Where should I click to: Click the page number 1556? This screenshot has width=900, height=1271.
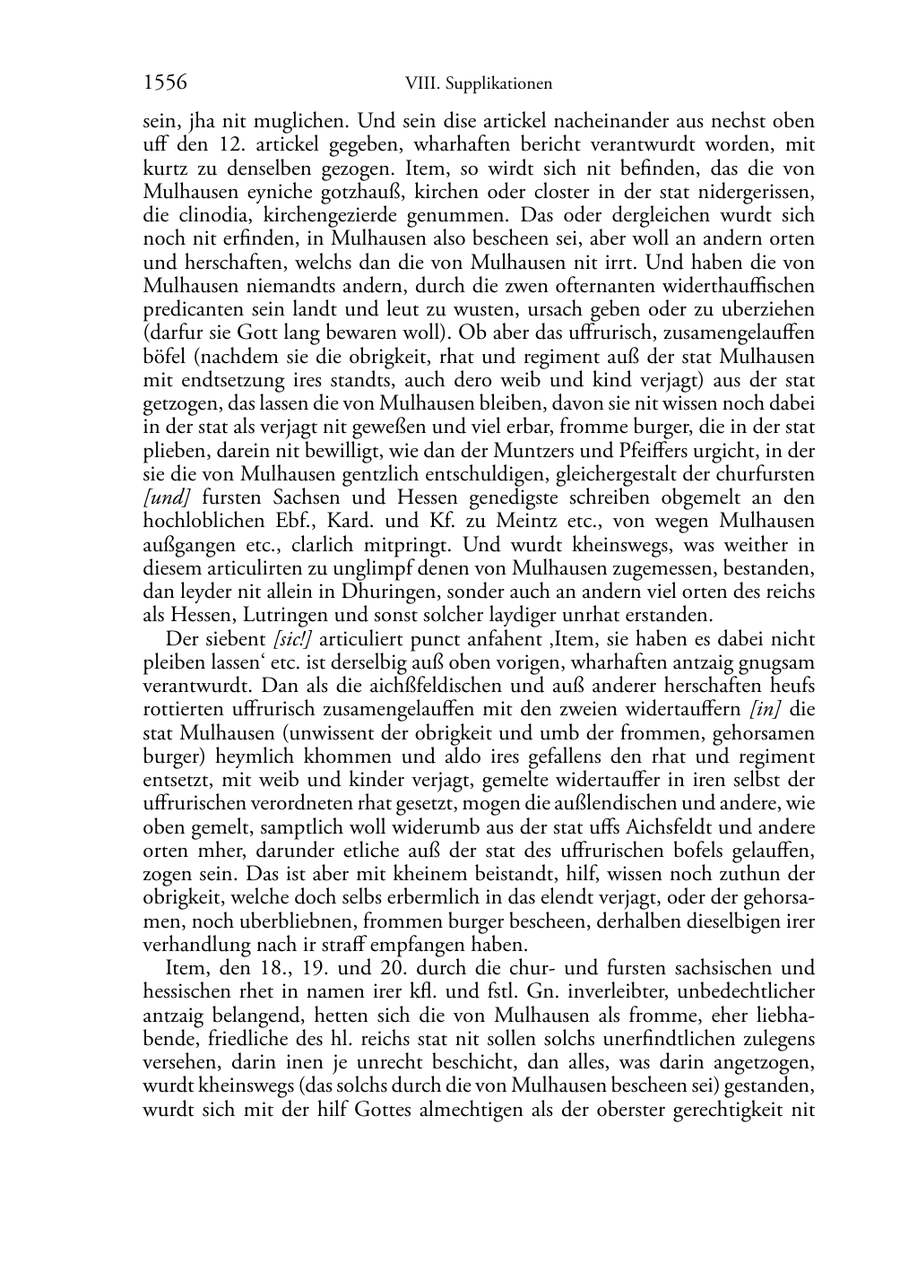(165, 82)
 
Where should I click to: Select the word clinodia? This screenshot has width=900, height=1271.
(212, 215)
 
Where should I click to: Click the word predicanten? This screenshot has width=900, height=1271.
(188, 309)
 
